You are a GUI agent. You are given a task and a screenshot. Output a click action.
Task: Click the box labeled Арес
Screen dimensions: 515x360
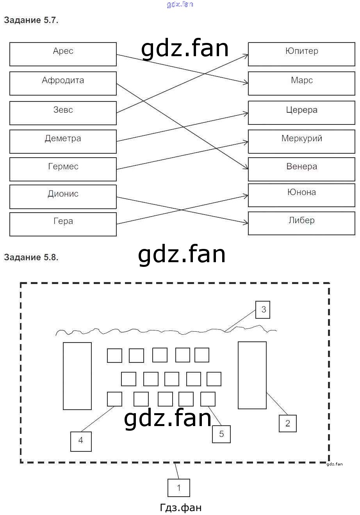63,54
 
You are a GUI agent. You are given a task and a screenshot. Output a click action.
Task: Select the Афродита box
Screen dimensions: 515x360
63,83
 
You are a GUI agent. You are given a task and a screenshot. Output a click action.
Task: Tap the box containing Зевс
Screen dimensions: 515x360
63,113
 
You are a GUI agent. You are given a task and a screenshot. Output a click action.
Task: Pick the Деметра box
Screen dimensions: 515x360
63,141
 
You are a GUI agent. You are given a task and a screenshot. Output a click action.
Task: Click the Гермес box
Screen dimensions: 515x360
63,169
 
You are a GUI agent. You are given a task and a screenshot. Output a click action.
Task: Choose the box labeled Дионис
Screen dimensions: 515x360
63,197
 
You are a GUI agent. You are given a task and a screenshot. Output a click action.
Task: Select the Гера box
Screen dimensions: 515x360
63,224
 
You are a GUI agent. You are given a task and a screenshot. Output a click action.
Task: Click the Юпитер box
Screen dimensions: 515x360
301,54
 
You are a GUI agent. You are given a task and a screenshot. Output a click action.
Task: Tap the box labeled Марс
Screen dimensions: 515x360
301,83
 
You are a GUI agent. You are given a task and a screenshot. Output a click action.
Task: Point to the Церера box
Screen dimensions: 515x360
301,113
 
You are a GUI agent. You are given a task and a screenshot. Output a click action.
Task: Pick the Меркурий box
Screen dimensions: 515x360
301,141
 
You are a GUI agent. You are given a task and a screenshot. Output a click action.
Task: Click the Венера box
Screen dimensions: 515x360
301,169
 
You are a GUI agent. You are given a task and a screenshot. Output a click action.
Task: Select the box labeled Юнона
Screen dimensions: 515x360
301,195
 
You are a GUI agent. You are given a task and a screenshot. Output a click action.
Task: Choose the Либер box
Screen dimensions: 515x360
301,223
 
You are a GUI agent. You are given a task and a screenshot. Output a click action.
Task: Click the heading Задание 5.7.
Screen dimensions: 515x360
31,20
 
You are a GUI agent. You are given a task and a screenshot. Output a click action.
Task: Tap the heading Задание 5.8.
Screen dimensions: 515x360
31,257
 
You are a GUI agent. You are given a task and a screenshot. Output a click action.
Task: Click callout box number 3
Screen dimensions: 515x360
263,309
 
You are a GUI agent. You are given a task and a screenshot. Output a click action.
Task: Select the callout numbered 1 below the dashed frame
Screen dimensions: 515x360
179,488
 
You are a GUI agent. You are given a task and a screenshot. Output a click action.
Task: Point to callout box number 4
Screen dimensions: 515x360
81,441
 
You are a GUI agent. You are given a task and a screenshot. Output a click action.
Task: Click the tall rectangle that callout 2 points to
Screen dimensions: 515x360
252,375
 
